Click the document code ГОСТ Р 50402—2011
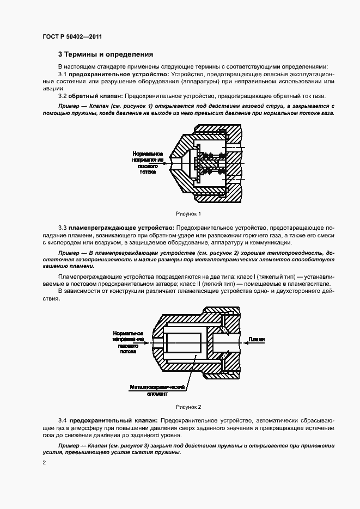72,36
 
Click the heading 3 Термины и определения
106,54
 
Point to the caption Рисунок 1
188,213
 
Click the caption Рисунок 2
188,407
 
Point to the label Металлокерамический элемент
158,390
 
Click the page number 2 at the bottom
44,462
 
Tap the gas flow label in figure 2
129,341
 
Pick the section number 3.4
62,421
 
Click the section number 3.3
62,226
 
